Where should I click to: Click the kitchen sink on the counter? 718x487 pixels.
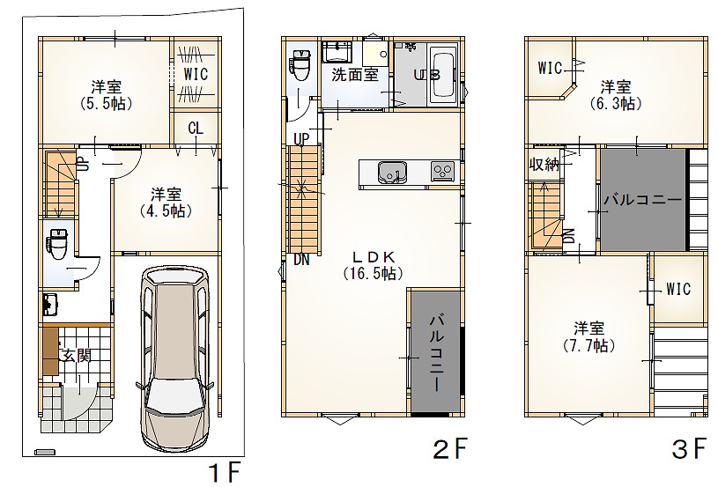(392, 173)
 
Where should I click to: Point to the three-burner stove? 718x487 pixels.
(443, 172)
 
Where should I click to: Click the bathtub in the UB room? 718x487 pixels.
(442, 75)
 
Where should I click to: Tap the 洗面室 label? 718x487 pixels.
(355, 74)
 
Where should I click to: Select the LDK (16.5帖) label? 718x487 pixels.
(374, 265)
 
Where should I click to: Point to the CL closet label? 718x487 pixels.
(196, 129)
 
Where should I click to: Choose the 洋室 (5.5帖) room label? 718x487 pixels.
(107, 95)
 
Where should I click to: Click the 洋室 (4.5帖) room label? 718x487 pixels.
(166, 203)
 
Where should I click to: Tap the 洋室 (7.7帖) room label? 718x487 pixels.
(588, 336)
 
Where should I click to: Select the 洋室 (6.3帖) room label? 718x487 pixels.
(616, 95)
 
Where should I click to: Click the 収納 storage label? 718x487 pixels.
(544, 164)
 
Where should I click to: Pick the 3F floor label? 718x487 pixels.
(689, 449)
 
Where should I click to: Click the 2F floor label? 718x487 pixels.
(450, 449)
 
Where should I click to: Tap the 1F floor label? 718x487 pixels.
(225, 471)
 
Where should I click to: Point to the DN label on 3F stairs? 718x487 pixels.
(569, 236)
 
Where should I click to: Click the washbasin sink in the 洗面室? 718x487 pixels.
(337, 50)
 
